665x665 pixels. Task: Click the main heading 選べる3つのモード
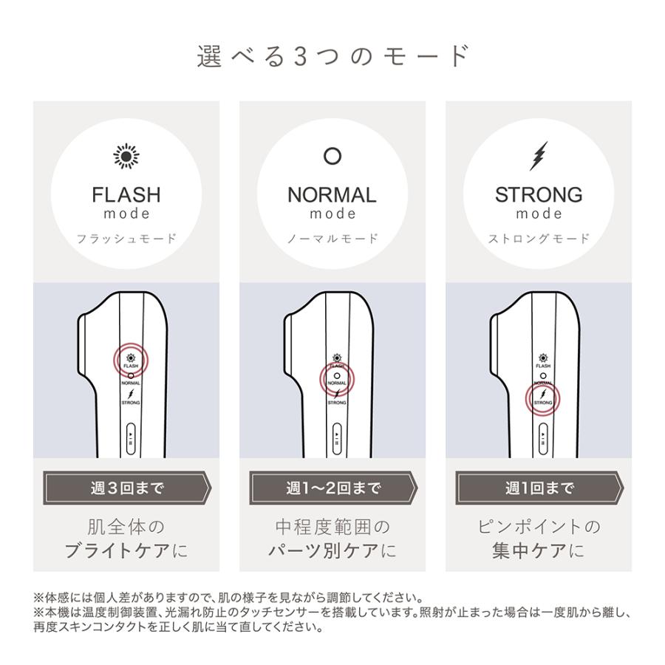[332, 56]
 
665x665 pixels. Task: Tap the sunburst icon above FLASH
[126, 157]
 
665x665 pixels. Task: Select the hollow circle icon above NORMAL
[332, 157]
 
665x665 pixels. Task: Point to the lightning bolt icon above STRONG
[539, 156]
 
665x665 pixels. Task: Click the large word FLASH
[126, 195]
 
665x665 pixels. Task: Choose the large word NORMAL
[332, 195]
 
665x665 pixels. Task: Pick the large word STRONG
[539, 195]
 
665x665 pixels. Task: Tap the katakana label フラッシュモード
[126, 239]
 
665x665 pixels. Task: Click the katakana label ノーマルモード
[332, 239]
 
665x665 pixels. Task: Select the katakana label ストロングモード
[539, 239]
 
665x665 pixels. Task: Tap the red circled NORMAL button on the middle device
[337, 379]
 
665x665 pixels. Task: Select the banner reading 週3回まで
[126, 488]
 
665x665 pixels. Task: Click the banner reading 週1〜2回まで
[332, 488]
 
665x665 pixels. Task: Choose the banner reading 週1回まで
[539, 488]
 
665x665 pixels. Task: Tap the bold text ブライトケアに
[126, 551]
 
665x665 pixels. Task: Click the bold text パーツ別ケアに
[332, 551]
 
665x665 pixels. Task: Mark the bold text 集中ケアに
[539, 551]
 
